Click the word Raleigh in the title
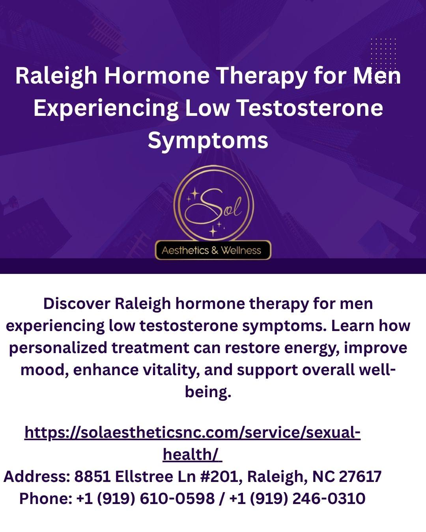(x=56, y=76)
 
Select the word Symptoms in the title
(x=208, y=141)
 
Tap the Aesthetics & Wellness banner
(x=213, y=250)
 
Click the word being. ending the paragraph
(x=208, y=392)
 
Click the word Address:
(x=37, y=476)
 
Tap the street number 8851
(x=92, y=476)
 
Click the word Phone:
(x=46, y=499)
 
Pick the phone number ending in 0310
(x=297, y=499)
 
